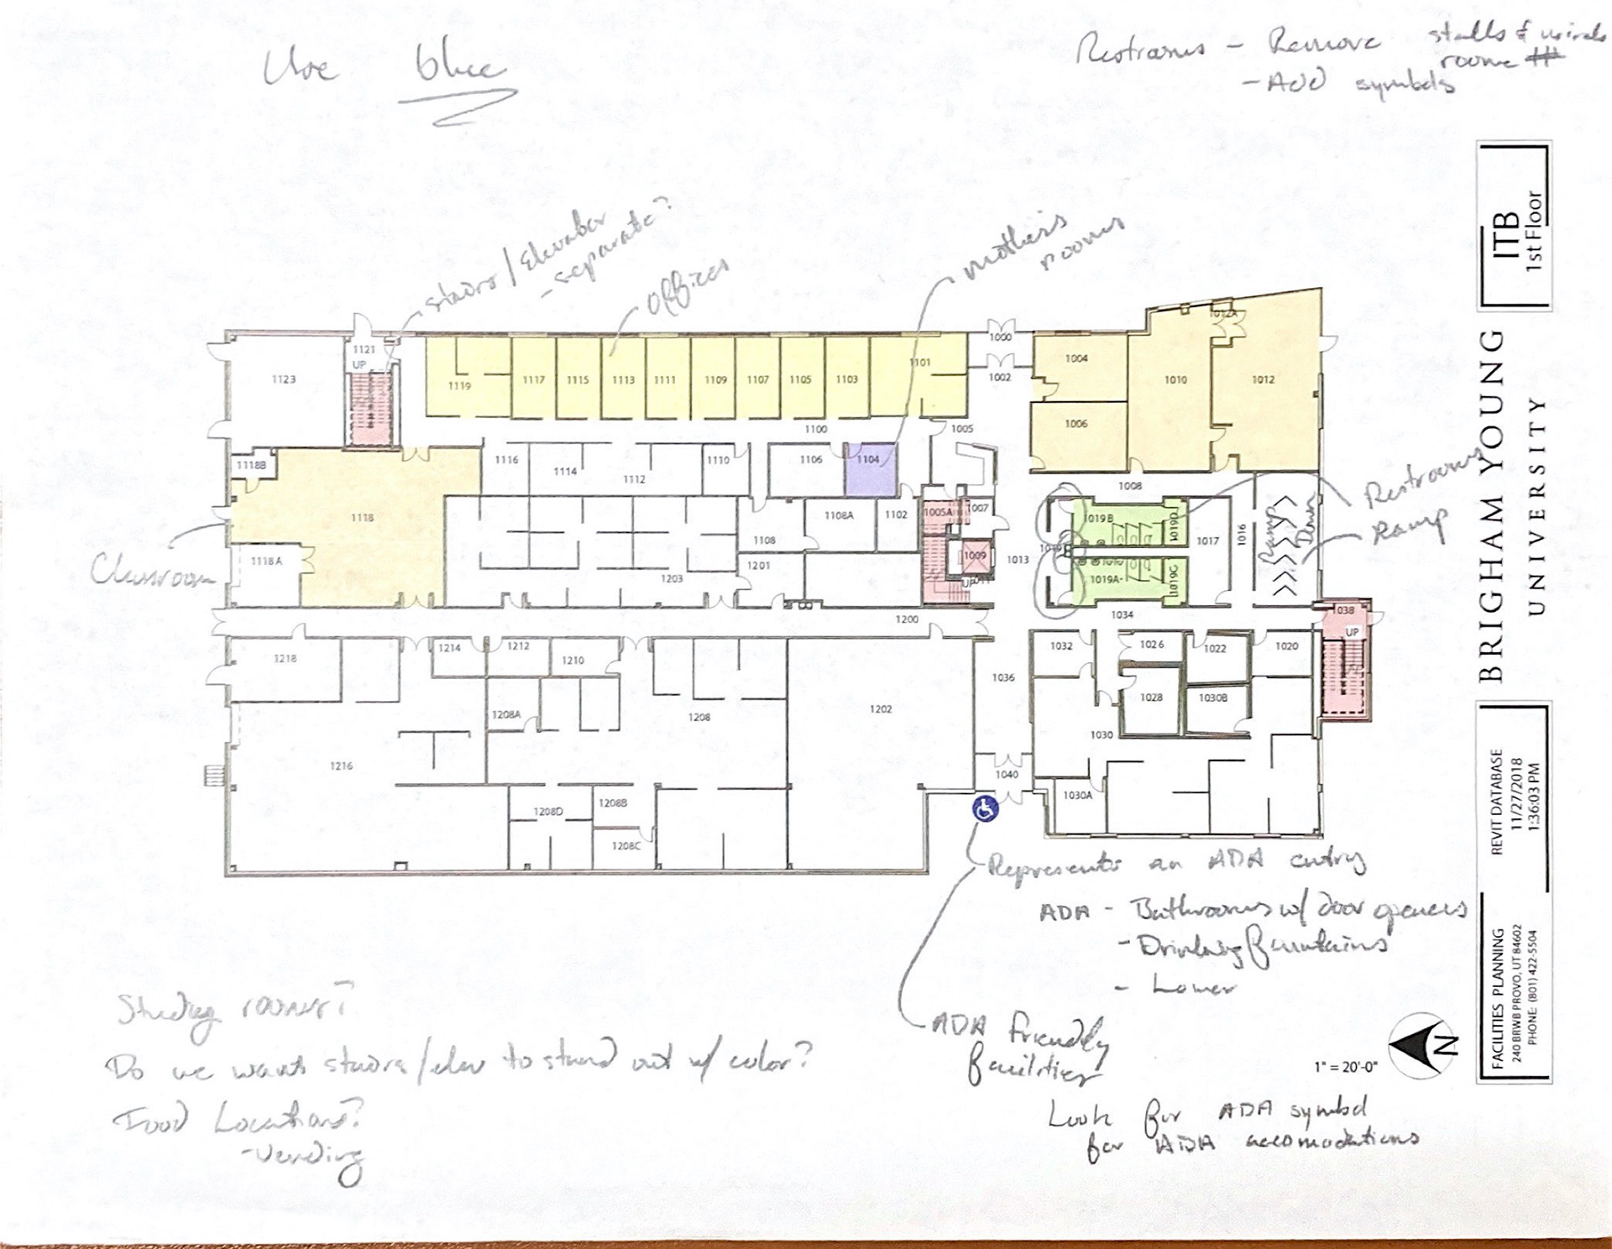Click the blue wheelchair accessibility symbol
[x=985, y=810]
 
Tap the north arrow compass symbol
[x=1420, y=1046]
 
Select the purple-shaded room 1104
[x=871, y=470]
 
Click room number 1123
[x=284, y=380]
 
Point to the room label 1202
[x=881, y=709]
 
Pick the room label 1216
[x=341, y=766]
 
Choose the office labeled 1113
[x=623, y=380]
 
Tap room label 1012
[x=1264, y=380]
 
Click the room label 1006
[x=1076, y=424]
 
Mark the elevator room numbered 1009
[x=975, y=556]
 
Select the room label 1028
[x=1151, y=698]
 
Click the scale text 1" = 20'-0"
[x=1346, y=1067]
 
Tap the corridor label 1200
[x=907, y=619]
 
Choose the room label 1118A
[x=266, y=562]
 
